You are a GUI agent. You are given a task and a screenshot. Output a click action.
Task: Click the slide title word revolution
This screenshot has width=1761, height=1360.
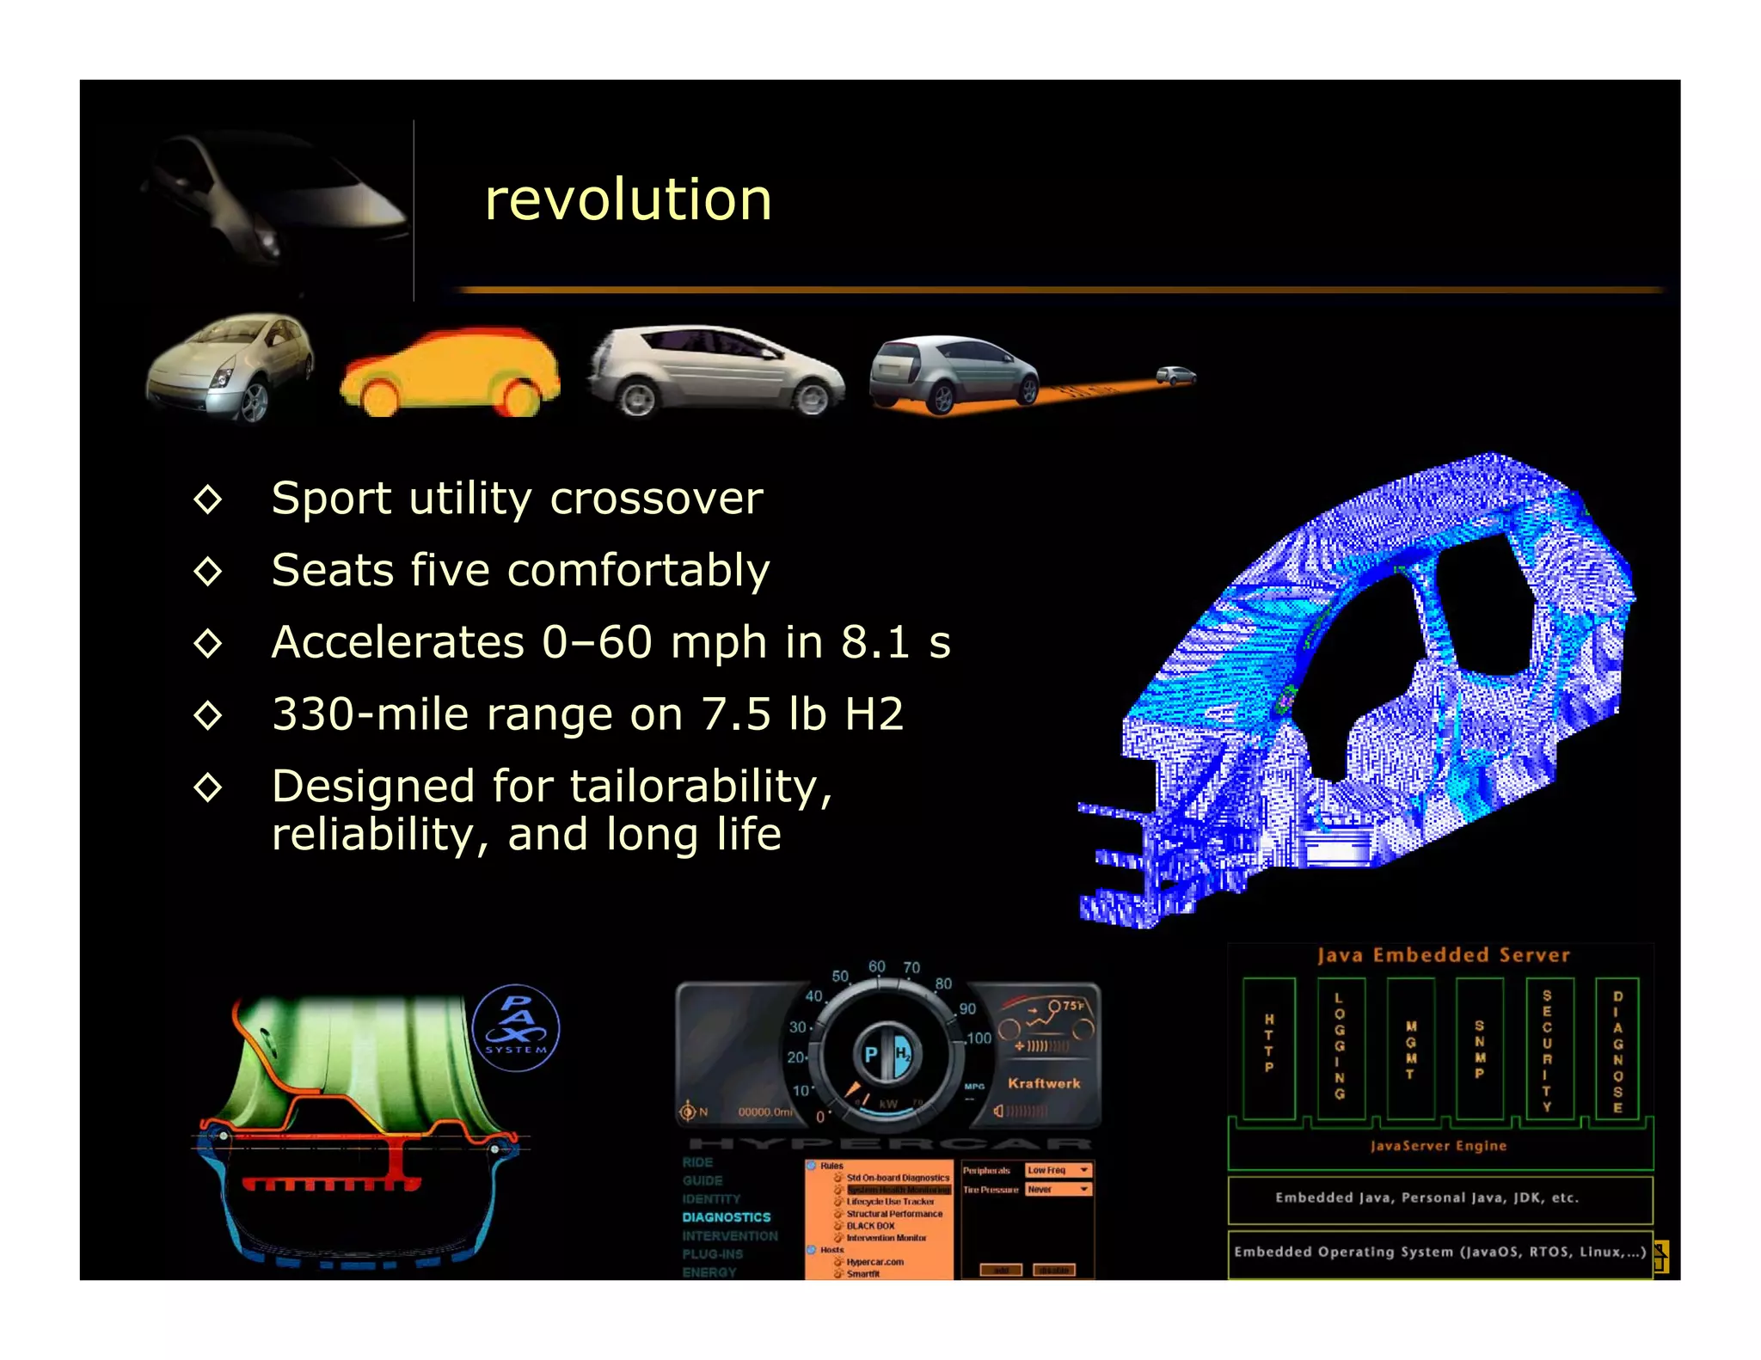(x=628, y=199)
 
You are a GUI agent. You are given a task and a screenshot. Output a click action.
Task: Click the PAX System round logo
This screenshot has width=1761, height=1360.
(x=516, y=1027)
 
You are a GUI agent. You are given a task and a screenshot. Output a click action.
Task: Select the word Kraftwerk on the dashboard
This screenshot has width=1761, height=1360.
(x=1044, y=1083)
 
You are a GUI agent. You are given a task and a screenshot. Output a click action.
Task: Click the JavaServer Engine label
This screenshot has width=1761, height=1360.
(x=1438, y=1146)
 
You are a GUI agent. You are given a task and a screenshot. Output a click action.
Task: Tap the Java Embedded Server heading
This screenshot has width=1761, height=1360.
(x=1443, y=955)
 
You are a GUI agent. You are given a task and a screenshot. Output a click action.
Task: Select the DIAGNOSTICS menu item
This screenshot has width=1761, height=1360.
(x=727, y=1217)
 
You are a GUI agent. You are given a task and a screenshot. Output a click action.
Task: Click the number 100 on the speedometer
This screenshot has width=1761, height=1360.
(x=979, y=1038)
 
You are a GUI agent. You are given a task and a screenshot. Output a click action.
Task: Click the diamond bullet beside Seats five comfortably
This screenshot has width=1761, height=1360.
(x=208, y=571)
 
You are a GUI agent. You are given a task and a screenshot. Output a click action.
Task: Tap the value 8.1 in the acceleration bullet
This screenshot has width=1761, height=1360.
(x=874, y=642)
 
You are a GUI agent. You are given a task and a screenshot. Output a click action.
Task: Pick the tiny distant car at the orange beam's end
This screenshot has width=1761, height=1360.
(x=1175, y=375)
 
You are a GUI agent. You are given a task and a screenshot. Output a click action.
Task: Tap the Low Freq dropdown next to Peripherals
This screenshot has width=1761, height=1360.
(x=1058, y=1170)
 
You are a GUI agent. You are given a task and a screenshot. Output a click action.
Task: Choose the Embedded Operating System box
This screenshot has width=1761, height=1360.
(x=1439, y=1252)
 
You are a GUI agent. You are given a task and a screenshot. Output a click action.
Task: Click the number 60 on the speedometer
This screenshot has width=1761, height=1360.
(x=876, y=966)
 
